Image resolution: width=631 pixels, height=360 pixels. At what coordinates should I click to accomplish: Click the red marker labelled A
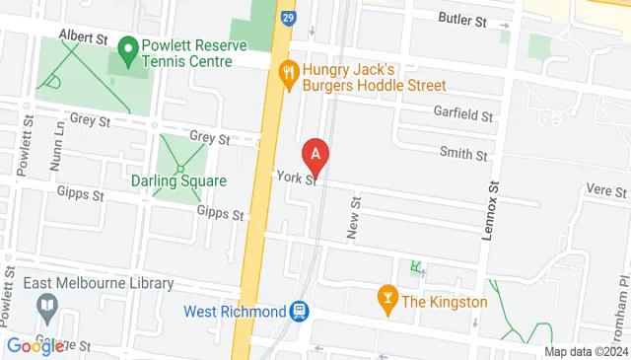315,155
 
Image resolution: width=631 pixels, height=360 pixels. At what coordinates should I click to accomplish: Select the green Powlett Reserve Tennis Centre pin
126,47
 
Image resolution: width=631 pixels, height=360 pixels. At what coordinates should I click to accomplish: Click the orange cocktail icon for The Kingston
387,300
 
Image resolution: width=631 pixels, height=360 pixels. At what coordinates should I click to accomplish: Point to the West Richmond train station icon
297,312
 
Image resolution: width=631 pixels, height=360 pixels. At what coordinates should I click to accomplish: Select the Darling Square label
178,181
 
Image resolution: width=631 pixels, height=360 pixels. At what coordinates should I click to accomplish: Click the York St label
297,179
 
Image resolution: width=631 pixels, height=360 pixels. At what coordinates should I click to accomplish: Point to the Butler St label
463,20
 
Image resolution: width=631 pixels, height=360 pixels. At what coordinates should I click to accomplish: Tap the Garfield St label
462,115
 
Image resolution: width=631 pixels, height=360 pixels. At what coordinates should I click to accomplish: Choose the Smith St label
463,155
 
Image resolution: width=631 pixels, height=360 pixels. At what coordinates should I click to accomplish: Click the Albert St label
83,36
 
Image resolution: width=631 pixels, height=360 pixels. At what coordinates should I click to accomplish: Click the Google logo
35,345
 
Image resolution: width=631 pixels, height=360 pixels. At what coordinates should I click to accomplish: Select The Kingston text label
445,301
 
